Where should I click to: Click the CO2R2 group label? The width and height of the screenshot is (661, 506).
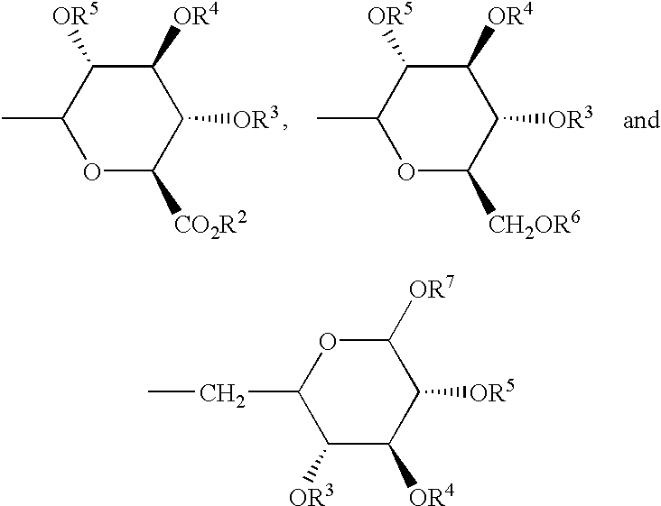[x=210, y=225]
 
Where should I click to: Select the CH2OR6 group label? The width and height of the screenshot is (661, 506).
[x=534, y=224]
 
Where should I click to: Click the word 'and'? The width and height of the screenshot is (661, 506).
[x=641, y=120]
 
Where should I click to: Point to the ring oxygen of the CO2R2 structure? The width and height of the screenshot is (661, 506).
[x=92, y=171]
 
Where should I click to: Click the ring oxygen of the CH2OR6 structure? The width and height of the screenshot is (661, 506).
[x=406, y=171]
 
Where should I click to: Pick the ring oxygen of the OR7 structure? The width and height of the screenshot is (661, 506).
[x=328, y=342]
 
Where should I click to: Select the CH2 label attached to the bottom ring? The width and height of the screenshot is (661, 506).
[x=222, y=394]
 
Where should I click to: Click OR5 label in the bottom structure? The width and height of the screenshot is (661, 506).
[x=493, y=391]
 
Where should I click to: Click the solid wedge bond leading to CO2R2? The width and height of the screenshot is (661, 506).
[x=166, y=191]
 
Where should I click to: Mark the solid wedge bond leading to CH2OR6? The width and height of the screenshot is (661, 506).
[x=481, y=191]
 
